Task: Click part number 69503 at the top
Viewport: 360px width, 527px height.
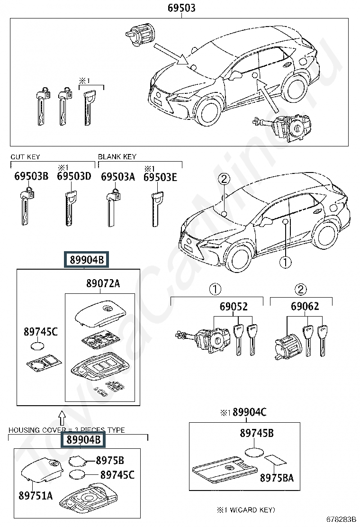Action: point(181,8)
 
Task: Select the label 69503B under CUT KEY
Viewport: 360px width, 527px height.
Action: point(31,176)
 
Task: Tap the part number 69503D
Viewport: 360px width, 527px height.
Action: point(74,176)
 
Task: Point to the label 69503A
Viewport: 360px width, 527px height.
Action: point(118,176)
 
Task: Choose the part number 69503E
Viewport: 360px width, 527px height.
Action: point(160,177)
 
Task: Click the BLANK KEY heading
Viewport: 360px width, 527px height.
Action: point(117,156)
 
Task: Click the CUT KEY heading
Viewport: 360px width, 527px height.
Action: point(25,156)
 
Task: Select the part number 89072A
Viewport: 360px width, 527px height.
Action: point(103,283)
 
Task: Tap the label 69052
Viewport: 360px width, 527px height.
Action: point(234,306)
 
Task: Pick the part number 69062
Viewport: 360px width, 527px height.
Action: point(305,306)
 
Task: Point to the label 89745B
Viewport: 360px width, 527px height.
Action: point(257,433)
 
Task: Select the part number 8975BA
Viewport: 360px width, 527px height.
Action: point(277,478)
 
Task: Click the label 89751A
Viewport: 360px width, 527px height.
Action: point(36,495)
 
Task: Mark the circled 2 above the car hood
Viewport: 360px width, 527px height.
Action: point(225,179)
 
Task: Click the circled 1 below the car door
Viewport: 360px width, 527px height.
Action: point(286,262)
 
